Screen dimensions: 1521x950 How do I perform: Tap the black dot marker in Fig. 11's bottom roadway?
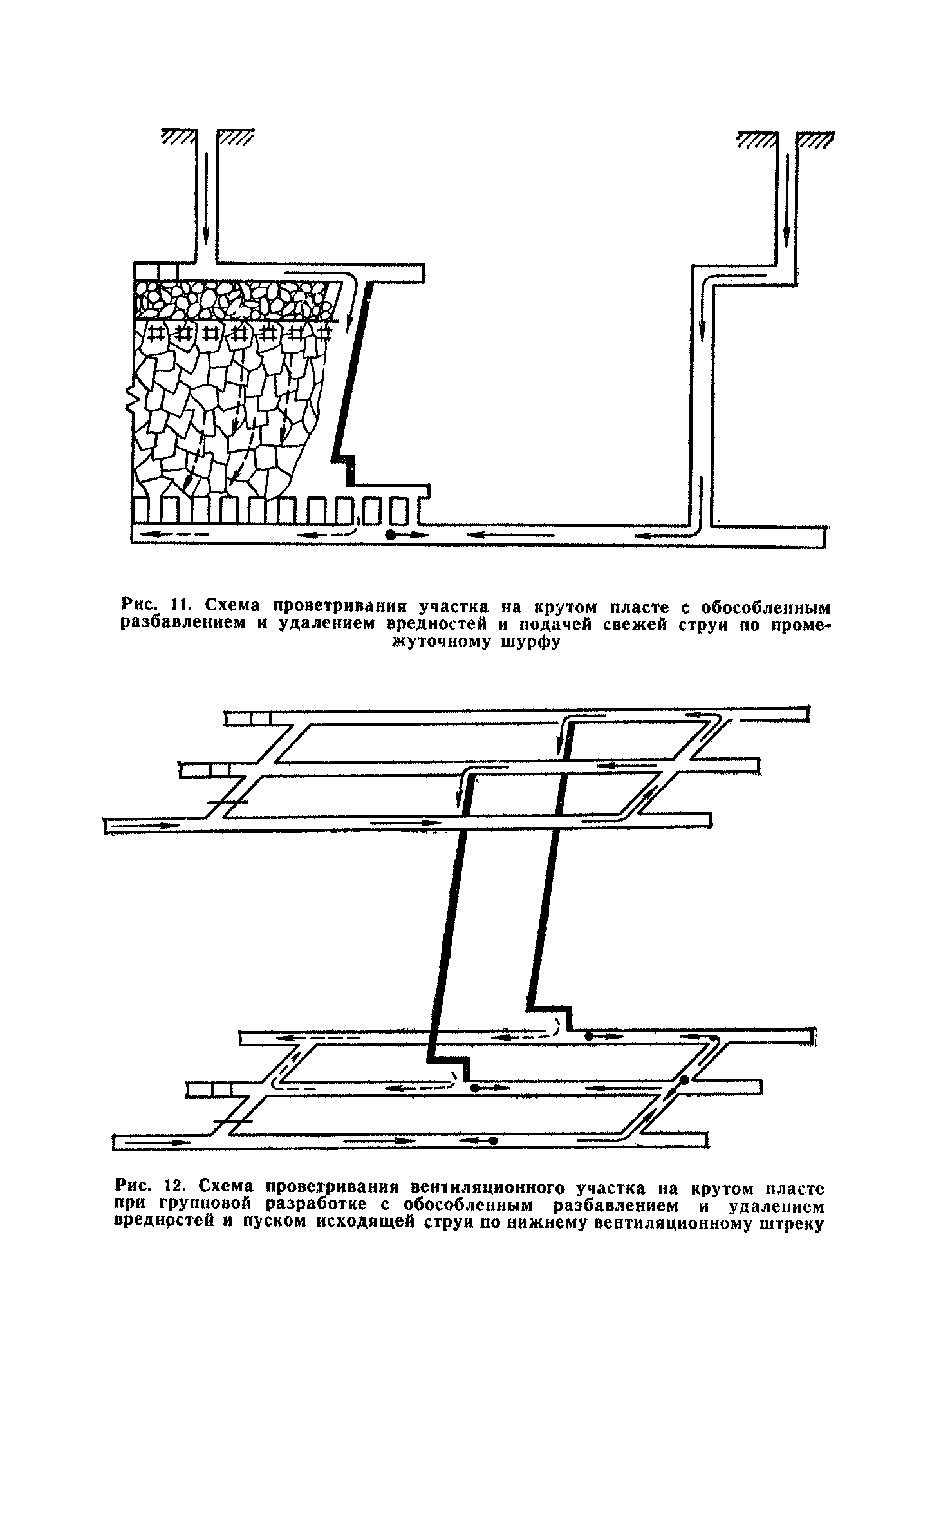(x=389, y=534)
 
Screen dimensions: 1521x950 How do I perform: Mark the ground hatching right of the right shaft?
(x=814, y=138)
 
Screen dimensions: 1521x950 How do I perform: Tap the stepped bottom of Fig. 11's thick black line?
(x=347, y=467)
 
